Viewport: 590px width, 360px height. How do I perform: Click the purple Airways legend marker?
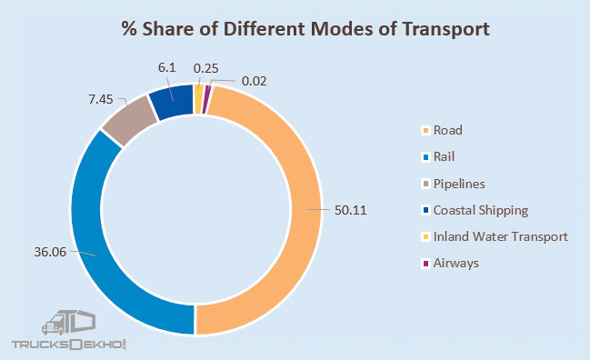click(428, 263)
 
